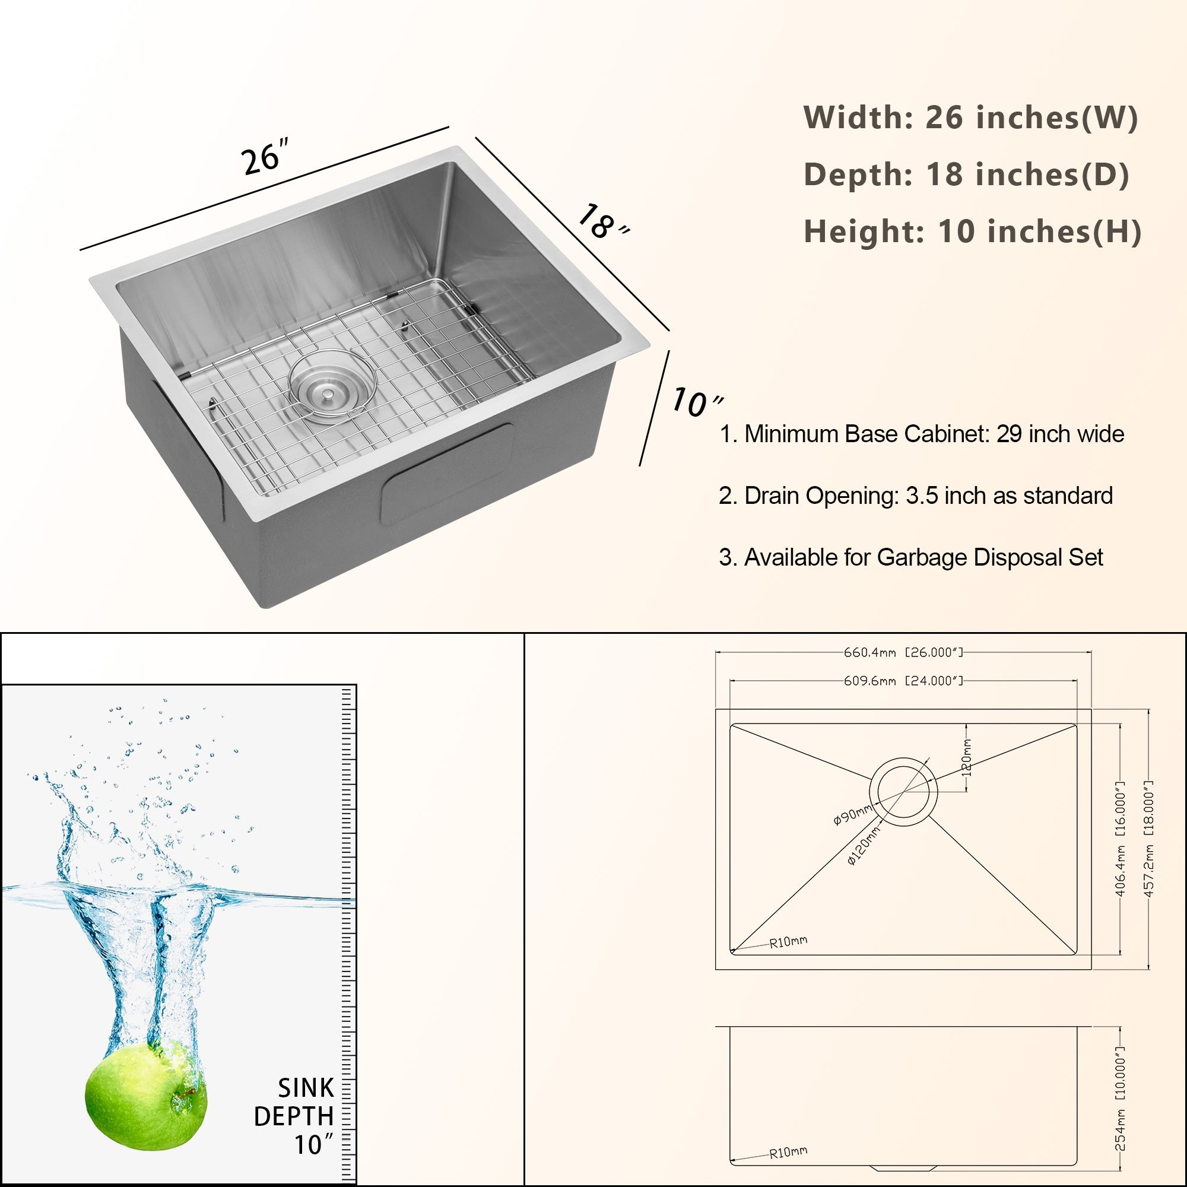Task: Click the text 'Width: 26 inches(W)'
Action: click(970, 118)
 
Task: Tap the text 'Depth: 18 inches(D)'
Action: click(966, 174)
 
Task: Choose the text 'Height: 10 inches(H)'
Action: click(972, 231)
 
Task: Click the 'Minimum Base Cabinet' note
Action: click(921, 434)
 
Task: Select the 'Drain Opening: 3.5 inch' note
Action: click(915, 496)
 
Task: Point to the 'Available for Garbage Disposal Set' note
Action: click(910, 557)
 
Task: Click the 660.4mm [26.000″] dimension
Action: click(903, 652)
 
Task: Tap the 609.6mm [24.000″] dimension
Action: click(903, 681)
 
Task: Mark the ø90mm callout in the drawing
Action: click(852, 815)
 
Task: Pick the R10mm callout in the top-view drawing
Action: click(788, 942)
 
